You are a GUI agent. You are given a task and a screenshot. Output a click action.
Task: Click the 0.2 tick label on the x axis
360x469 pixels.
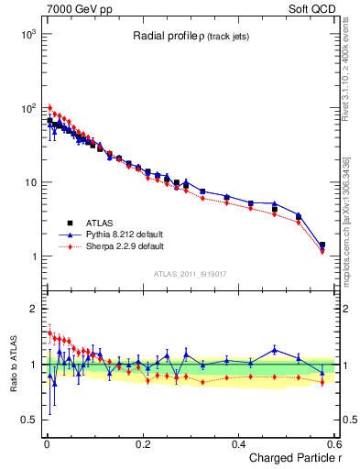[x=142, y=444]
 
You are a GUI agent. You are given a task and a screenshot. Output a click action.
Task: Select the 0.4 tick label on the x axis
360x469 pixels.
[x=238, y=444]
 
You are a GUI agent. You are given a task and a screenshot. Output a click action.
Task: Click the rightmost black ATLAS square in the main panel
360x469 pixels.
[x=322, y=245]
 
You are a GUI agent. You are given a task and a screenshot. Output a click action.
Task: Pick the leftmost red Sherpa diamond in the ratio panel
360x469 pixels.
[x=49, y=333]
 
